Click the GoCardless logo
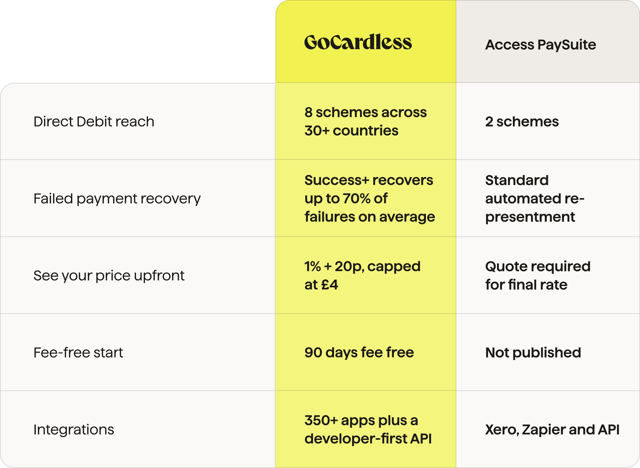pyautogui.click(x=358, y=42)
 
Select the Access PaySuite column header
pyautogui.click(x=541, y=45)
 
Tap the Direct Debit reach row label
pyautogui.click(x=94, y=122)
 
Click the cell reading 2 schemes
pyautogui.click(x=522, y=122)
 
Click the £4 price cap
pyautogui.click(x=330, y=285)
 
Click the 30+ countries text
pyautogui.click(x=352, y=131)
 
